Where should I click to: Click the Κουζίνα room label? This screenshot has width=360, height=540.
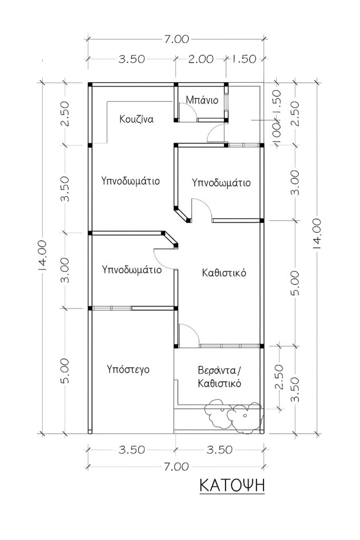click(x=136, y=119)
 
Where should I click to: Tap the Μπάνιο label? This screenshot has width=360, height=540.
click(x=199, y=100)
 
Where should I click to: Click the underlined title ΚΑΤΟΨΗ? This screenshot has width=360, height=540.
click(x=231, y=485)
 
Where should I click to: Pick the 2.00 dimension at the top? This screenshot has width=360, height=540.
click(x=200, y=59)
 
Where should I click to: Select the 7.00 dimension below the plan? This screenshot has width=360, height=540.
click(x=175, y=466)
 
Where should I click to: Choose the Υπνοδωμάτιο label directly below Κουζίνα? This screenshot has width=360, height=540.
click(x=131, y=180)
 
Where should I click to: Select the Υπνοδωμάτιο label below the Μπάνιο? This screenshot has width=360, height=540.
click(x=221, y=183)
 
